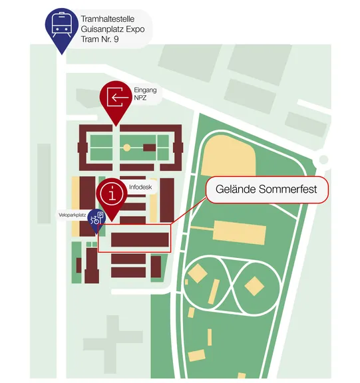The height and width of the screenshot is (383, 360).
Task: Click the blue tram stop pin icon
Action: pos(62,28)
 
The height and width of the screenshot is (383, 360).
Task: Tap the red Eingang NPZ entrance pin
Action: pos(116,100)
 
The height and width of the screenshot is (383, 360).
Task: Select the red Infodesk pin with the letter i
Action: pos(112,197)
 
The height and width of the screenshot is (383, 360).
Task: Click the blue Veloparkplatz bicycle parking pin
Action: pos(96,220)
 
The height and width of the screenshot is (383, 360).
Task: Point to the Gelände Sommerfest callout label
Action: pos(267,190)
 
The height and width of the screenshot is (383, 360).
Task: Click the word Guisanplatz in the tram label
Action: pos(99,29)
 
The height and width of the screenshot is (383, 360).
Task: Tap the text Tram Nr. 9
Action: pos(100,39)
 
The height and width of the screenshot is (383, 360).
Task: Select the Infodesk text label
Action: pos(140,187)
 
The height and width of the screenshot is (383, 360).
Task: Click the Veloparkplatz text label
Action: pos(72,215)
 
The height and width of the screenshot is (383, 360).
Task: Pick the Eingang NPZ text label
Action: pos(145,94)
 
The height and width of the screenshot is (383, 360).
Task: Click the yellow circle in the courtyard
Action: pos(126,148)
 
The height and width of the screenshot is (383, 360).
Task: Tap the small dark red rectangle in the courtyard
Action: pos(149,148)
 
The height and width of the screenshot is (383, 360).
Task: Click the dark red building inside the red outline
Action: pos(140,239)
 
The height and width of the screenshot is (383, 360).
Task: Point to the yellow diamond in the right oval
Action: pos(254,286)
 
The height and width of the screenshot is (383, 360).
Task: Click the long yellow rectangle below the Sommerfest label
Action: pos(240,233)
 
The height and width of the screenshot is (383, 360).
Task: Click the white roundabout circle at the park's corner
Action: pos(323,160)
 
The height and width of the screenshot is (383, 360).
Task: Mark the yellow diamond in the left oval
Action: pos(198,273)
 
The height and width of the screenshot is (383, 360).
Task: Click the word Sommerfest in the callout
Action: pos(288,190)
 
